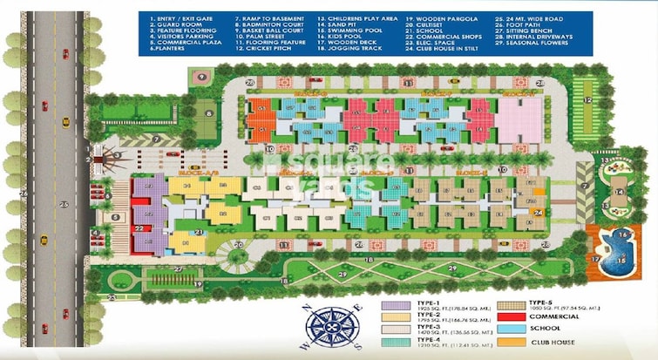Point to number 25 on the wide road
(x=63, y=203)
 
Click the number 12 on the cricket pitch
(x=589, y=102)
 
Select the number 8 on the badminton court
(x=209, y=112)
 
